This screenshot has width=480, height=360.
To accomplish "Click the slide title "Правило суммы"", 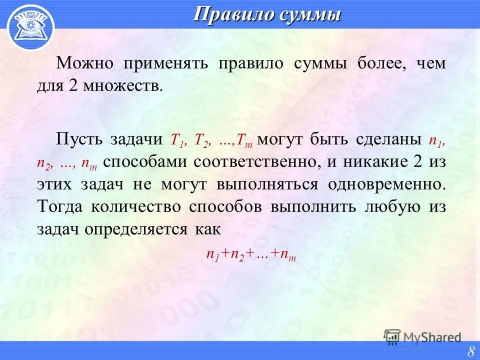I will (x=267, y=14).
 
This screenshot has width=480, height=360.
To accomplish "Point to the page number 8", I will (x=470, y=351).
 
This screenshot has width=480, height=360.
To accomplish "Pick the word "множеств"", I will (x=131, y=85).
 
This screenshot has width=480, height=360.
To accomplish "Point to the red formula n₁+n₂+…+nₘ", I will (x=251, y=254).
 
